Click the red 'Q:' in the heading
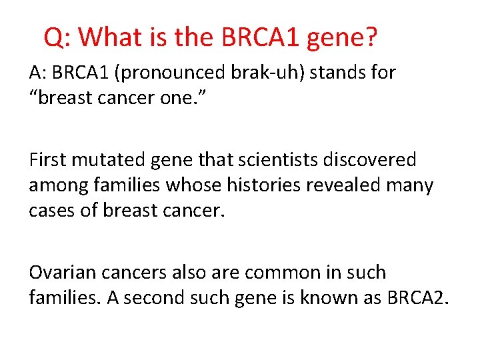[58, 37]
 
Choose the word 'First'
[49, 160]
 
